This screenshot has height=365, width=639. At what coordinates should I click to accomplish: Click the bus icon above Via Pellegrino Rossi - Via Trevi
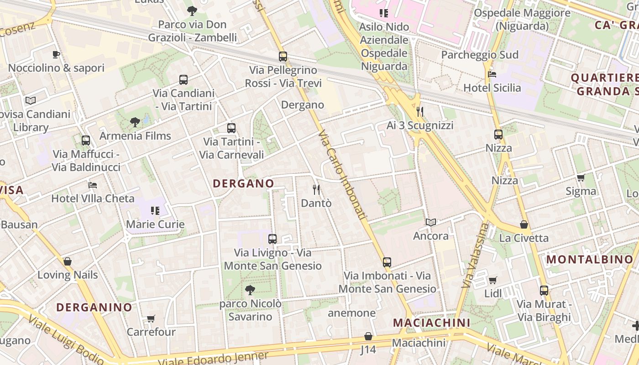click(283, 57)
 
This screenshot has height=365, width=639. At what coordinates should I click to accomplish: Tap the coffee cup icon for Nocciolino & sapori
click(56, 55)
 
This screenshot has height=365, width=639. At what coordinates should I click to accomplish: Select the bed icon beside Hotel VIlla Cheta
click(93, 185)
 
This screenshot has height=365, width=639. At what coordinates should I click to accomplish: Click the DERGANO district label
click(244, 183)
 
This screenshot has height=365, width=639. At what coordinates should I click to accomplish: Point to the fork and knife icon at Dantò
click(316, 190)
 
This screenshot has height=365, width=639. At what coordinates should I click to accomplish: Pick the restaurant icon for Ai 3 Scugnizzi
click(420, 112)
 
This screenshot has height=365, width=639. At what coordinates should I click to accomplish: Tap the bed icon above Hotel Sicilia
click(492, 74)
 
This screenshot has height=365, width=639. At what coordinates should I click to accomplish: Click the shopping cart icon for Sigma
click(581, 178)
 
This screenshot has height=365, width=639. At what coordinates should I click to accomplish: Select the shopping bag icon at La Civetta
click(524, 224)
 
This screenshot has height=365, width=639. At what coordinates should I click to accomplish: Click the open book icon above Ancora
click(431, 222)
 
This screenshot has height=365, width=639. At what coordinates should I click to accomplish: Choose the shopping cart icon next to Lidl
click(492, 280)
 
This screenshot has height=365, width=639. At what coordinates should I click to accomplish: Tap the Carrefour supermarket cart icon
click(151, 318)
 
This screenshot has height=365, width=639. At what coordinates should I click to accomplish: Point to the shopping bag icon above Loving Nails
click(68, 261)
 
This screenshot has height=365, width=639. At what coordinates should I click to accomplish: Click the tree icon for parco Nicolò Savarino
click(250, 290)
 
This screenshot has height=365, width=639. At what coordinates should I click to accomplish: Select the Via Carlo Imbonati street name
click(343, 175)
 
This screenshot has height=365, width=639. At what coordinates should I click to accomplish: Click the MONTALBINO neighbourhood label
click(590, 260)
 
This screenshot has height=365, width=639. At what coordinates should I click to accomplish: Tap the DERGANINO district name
click(94, 307)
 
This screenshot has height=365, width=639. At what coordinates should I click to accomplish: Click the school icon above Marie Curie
click(155, 211)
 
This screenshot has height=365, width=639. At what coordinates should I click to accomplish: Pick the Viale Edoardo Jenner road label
click(213, 359)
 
